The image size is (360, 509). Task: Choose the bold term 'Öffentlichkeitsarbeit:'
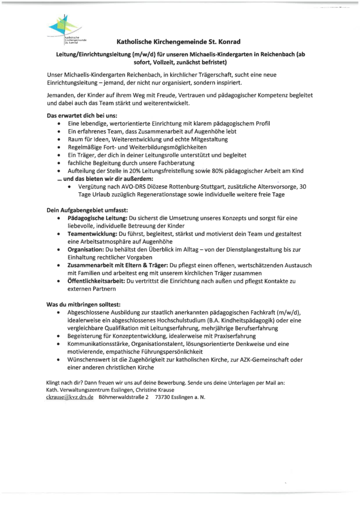(x=96, y=281)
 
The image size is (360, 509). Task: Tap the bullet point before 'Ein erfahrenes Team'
(x=60, y=132)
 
